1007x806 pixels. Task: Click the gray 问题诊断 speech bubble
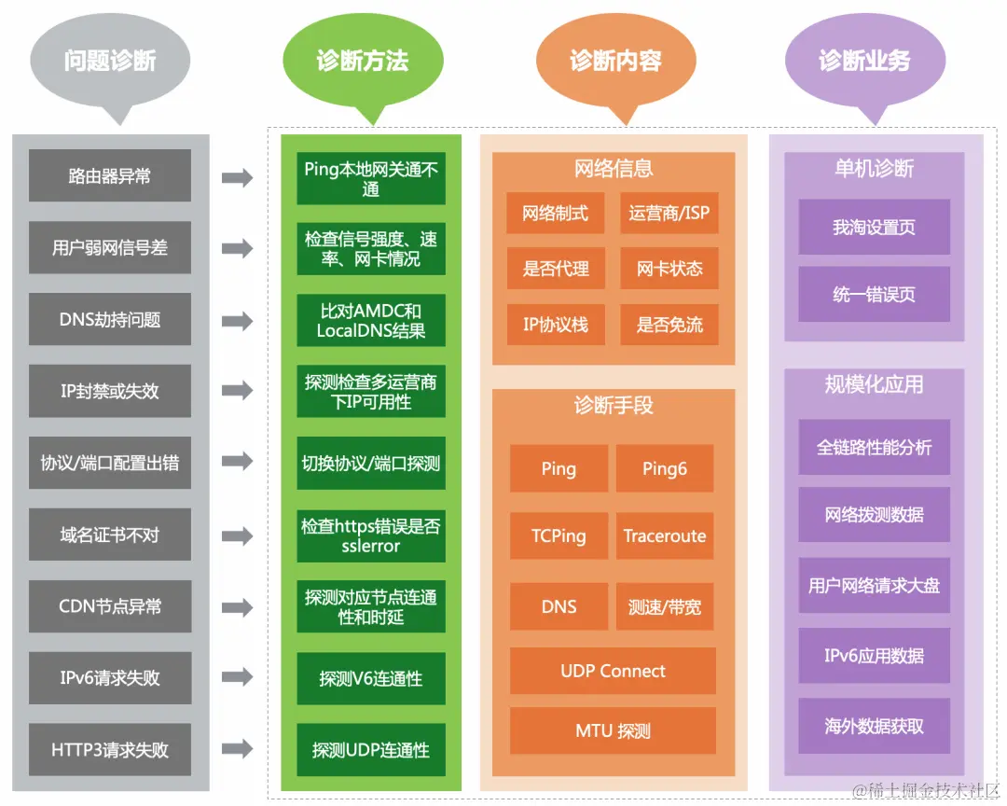(x=110, y=62)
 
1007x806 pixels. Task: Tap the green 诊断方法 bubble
(x=362, y=62)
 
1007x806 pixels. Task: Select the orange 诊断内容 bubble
(x=615, y=62)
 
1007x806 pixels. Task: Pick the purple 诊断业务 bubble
(x=864, y=62)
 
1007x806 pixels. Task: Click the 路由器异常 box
(x=110, y=175)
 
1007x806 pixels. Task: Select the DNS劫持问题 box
(x=110, y=319)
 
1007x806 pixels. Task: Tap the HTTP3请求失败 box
(x=110, y=749)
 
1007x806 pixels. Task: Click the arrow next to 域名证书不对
(x=237, y=535)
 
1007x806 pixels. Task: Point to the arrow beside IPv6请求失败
(x=237, y=677)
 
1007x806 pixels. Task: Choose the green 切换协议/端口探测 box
(x=371, y=463)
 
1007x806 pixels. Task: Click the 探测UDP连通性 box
(x=371, y=749)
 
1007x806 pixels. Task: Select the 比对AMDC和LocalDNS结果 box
(x=371, y=320)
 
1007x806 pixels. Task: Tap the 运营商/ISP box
(x=669, y=213)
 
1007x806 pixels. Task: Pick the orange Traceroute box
(x=665, y=535)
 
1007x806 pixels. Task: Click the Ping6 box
(x=665, y=468)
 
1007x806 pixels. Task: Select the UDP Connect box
(x=613, y=671)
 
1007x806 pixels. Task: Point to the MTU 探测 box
(x=613, y=730)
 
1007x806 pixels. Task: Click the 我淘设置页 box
(x=874, y=227)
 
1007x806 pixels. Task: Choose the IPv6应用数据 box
(x=874, y=656)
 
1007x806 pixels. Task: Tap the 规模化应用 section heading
(x=874, y=384)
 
